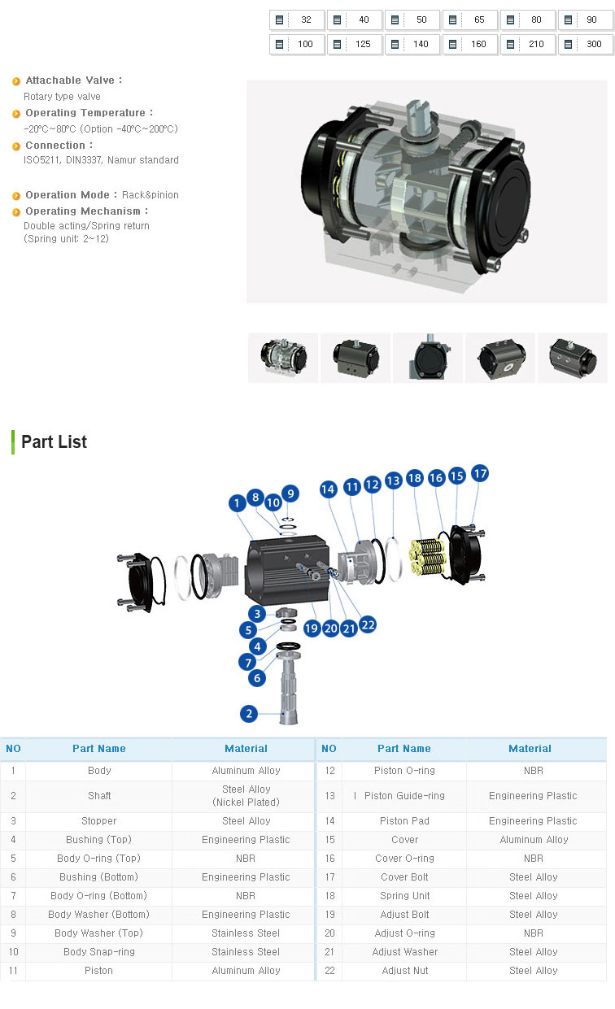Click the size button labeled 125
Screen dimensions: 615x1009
point(355,44)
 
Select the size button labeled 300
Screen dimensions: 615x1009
point(586,44)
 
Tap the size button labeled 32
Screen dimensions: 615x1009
point(297,20)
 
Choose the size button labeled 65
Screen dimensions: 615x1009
point(470,20)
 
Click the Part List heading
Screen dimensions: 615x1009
point(54,441)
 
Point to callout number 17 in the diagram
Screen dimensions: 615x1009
point(480,473)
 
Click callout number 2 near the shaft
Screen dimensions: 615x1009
point(249,714)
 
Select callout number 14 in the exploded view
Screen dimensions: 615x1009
point(328,489)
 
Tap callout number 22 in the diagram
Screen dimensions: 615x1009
point(368,624)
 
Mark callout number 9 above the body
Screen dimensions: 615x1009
point(290,494)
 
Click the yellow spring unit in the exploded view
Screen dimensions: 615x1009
point(428,557)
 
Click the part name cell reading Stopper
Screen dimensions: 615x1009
point(99,820)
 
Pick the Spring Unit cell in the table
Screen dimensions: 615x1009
point(404,895)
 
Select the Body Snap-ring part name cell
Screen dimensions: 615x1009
point(99,952)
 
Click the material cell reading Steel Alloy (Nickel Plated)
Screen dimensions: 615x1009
point(246,795)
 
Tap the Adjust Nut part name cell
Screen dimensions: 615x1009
point(405,970)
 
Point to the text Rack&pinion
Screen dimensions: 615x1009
point(150,195)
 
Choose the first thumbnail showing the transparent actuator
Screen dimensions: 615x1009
point(283,358)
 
